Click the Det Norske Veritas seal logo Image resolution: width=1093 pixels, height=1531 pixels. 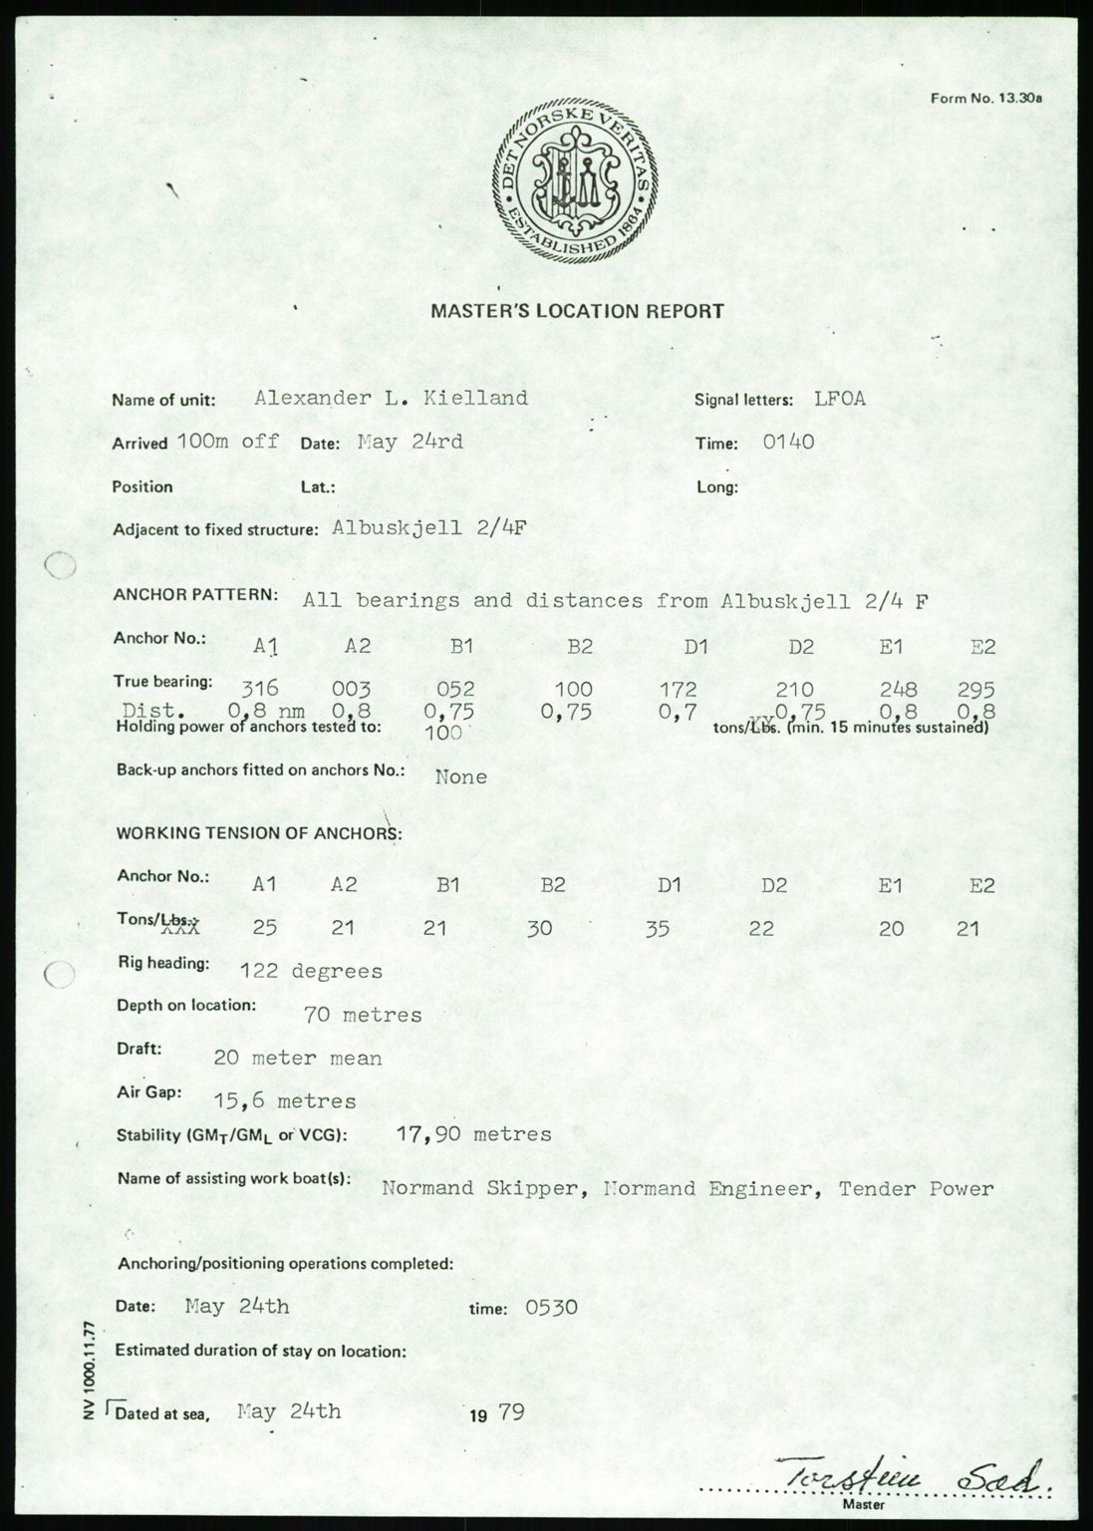(573, 184)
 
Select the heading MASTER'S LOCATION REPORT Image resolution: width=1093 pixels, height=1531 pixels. (577, 311)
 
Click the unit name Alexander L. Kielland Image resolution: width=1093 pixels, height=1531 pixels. (391, 398)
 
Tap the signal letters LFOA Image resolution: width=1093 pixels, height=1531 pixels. (839, 399)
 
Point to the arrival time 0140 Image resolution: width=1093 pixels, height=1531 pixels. (788, 442)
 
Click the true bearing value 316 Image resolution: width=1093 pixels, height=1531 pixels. (262, 688)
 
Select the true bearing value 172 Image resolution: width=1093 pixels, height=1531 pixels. (678, 689)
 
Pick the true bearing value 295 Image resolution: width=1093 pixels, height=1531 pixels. (975, 689)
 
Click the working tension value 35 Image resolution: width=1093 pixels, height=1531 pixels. (657, 930)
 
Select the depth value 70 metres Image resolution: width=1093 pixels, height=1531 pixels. (363, 1016)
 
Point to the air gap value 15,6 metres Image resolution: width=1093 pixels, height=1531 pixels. (285, 1101)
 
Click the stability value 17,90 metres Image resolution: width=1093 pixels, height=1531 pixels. (473, 1134)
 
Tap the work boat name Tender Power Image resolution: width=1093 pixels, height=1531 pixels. (916, 1188)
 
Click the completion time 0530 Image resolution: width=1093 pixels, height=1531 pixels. (551, 1307)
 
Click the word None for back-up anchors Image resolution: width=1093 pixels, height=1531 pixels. (461, 776)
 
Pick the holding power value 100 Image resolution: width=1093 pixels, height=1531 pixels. (442, 733)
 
